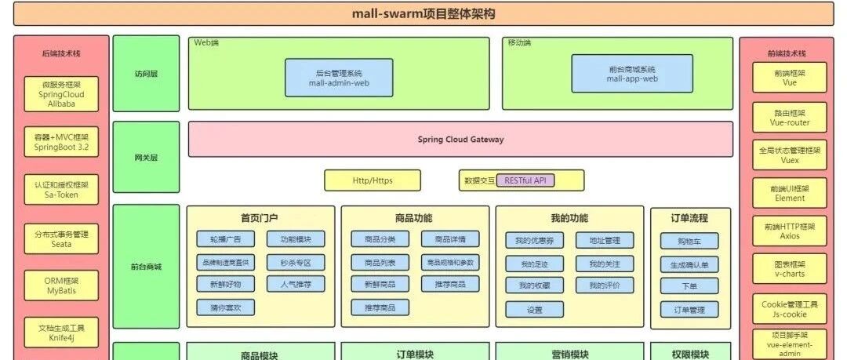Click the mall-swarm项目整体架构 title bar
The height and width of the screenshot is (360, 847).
point(423,13)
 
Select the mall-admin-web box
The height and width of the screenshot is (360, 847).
point(339,77)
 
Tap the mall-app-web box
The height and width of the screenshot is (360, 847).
point(632,74)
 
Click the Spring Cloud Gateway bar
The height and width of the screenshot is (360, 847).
point(460,140)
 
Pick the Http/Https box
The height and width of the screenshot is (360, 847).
point(373,180)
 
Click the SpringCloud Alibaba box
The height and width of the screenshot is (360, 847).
point(61,93)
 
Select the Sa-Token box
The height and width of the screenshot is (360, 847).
point(61,190)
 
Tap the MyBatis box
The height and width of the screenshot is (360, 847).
point(61,286)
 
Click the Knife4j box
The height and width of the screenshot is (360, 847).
point(61,333)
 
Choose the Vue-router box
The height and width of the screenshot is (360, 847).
point(790,118)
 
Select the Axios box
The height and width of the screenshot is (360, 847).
point(790,231)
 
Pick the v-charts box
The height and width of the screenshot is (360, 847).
point(790,269)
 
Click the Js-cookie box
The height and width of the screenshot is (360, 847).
point(790,309)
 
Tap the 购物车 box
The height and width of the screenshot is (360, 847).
point(689,242)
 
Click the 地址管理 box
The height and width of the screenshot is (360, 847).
point(604,240)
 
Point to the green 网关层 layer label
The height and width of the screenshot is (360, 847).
point(146,158)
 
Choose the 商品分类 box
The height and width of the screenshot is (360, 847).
point(380,239)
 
